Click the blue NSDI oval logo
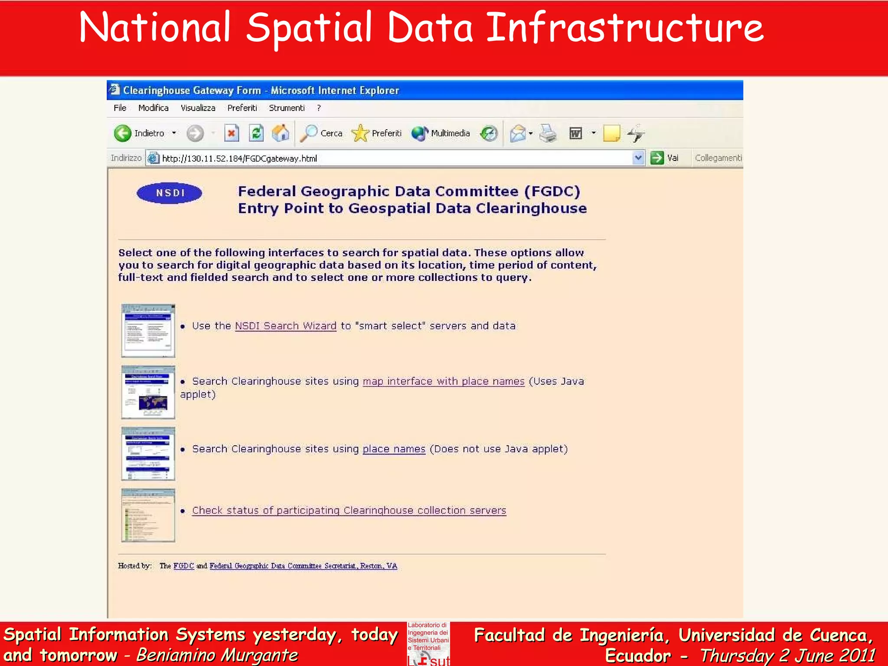(170, 193)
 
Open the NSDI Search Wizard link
(285, 326)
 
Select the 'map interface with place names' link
(443, 382)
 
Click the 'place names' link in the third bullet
(394, 449)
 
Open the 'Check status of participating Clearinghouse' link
(349, 511)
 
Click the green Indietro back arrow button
(123, 133)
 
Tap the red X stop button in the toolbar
(232, 133)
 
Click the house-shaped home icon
(281, 133)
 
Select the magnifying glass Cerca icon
(309, 133)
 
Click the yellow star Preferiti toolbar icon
(360, 133)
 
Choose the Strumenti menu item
(287, 108)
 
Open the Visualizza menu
(198, 108)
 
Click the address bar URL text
(239, 159)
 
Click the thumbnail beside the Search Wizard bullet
(148, 331)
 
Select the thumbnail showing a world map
(148, 392)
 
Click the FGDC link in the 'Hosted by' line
(183, 566)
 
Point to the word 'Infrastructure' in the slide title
(624, 28)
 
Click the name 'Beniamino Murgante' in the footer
(217, 655)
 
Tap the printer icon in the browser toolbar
(548, 133)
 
